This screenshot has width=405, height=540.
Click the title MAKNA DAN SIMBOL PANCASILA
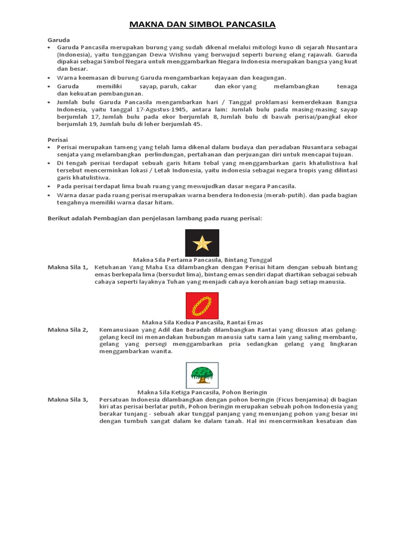202,24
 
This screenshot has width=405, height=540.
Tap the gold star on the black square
202,243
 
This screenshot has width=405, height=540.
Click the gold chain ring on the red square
202,306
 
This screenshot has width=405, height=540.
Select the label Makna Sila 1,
68,267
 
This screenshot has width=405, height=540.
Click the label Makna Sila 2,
68,330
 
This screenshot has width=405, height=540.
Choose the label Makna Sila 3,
68,400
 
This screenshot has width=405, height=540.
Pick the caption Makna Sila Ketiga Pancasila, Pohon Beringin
202,392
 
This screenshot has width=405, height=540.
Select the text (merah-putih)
284,195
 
